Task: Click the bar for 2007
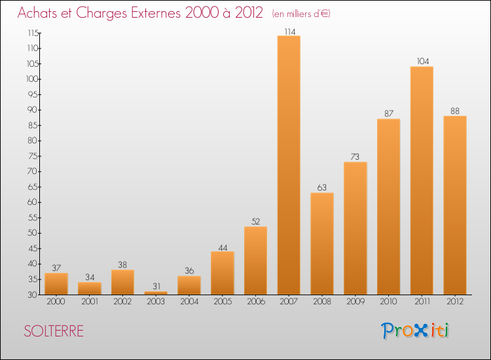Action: tap(289, 165)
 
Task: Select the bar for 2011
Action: tap(422, 181)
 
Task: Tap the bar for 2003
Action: tap(156, 293)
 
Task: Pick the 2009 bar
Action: tap(355, 228)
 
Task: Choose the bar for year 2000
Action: tap(56, 283)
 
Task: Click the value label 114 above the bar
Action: tap(289, 31)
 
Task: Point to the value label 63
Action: tap(321, 188)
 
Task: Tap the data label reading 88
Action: tap(454, 111)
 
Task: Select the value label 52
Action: tap(255, 222)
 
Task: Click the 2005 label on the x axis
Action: tap(222, 302)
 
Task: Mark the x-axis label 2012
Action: tap(454, 302)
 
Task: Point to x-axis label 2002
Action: tap(122, 302)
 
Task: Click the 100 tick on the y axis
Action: tap(32, 79)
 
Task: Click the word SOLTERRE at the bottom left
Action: tap(54, 331)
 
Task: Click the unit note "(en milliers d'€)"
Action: tap(300, 14)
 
